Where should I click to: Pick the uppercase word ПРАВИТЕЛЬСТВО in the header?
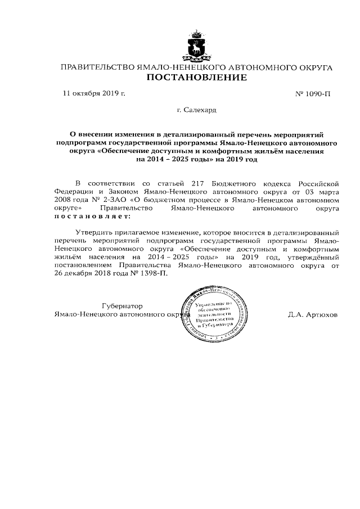97,67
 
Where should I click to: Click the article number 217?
199,183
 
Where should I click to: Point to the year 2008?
64,199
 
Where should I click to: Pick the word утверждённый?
313,256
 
